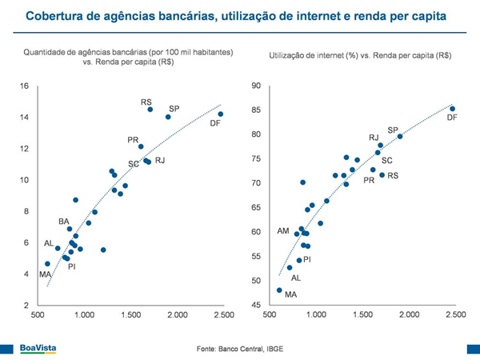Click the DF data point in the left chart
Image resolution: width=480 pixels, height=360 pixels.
pyautogui.click(x=221, y=114)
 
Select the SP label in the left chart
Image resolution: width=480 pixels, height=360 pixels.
pyautogui.click(x=174, y=108)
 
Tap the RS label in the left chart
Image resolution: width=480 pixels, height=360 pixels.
pyautogui.click(x=146, y=102)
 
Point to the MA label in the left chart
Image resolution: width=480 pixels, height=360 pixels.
pyautogui.click(x=45, y=274)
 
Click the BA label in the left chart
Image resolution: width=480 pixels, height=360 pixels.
pyautogui.click(x=63, y=221)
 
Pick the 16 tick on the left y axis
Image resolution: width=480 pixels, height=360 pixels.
pyautogui.click(x=24, y=86)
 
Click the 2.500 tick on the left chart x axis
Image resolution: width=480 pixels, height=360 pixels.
pyautogui.click(x=223, y=315)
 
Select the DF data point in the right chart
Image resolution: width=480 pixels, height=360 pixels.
pyautogui.click(x=453, y=109)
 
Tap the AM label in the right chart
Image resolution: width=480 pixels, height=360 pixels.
pyautogui.click(x=282, y=230)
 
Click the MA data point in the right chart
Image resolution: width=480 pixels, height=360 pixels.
pyautogui.click(x=279, y=290)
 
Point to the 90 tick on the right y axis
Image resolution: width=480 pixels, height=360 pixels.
pyautogui.click(x=256, y=86)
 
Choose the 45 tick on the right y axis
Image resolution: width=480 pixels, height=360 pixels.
pyautogui.click(x=256, y=305)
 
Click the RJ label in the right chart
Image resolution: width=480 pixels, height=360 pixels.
pyautogui.click(x=374, y=138)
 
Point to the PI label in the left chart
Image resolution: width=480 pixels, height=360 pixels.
pyautogui.click(x=71, y=266)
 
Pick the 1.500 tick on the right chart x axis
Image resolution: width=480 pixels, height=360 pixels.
pyautogui.click(x=363, y=315)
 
